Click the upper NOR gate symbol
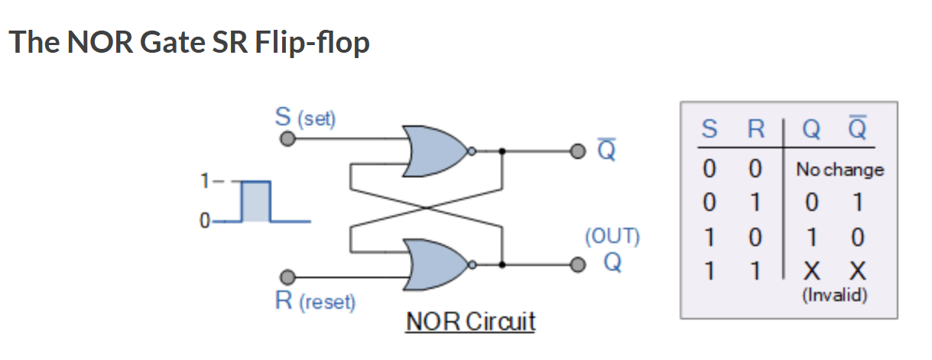(x=437, y=151)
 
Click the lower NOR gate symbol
(x=437, y=264)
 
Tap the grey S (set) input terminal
(x=287, y=140)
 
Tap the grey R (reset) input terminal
(x=287, y=277)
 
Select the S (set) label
(x=305, y=118)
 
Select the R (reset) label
(x=315, y=301)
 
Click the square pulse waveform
(x=256, y=202)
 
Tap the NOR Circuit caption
(x=470, y=322)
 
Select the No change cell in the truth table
(x=839, y=170)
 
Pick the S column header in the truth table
(x=709, y=129)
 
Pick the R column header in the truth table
(x=755, y=129)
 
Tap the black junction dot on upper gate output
(x=502, y=151)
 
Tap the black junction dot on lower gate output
(x=502, y=264)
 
